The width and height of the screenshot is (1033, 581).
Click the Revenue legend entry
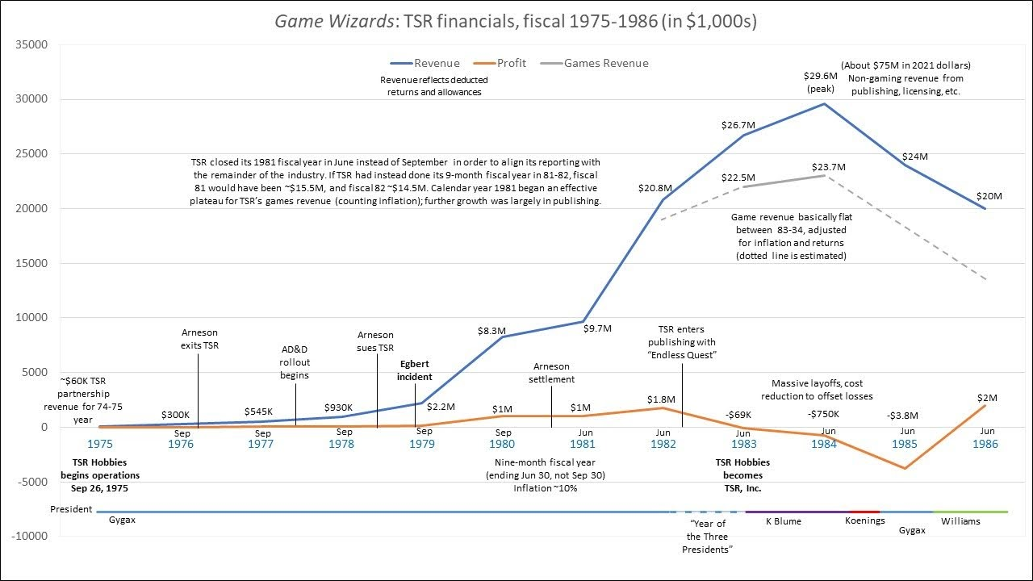point(437,63)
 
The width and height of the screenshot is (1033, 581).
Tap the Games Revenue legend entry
point(605,63)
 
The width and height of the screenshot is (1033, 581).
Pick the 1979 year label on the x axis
point(422,444)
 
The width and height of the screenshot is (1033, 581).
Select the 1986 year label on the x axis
point(985,444)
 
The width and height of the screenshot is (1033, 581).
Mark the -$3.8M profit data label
point(904,415)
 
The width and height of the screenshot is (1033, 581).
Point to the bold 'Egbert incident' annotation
point(415,370)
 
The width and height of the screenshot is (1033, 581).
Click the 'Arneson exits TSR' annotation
point(199,339)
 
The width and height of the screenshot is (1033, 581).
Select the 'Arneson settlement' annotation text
point(551,373)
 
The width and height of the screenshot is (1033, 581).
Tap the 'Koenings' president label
point(864,520)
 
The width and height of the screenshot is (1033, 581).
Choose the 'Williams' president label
point(960,520)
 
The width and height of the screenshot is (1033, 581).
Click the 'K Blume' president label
point(782,520)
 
